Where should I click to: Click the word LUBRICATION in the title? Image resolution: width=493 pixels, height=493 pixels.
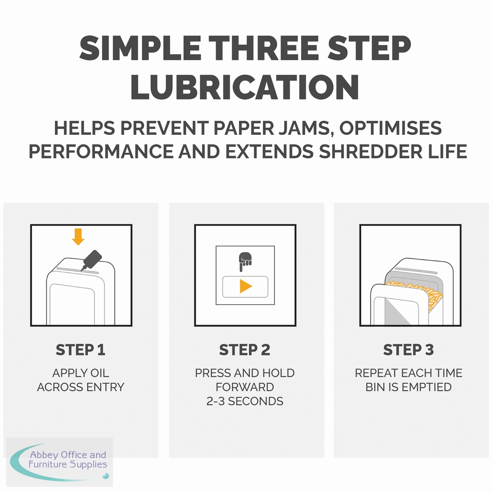pyautogui.click(x=244, y=87)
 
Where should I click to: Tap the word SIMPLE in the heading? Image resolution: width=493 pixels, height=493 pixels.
pyautogui.click(x=140, y=48)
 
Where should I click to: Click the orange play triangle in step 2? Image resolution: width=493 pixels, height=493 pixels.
pyautogui.click(x=246, y=286)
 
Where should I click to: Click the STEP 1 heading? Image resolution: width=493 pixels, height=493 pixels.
pyautogui.click(x=81, y=350)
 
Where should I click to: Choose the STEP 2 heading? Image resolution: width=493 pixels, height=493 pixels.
pyautogui.click(x=244, y=350)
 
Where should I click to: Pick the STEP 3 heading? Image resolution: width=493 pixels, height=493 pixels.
pyautogui.click(x=408, y=350)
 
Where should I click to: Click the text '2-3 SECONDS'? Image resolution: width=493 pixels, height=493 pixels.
pyautogui.click(x=245, y=401)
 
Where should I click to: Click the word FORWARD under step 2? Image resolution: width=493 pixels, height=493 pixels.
pyautogui.click(x=245, y=387)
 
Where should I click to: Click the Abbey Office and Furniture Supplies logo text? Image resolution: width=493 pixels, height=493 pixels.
pyautogui.click(x=68, y=459)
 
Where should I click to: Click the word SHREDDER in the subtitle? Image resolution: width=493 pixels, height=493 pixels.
pyautogui.click(x=371, y=152)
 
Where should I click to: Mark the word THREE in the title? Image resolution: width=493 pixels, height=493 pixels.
pyautogui.click(x=265, y=48)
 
